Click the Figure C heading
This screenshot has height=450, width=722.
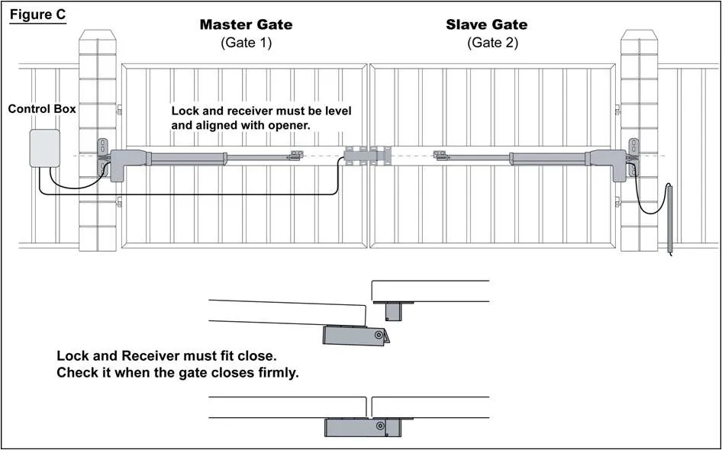tap(37, 15)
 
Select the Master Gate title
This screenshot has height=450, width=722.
tap(246, 24)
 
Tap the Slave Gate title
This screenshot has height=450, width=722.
tap(486, 24)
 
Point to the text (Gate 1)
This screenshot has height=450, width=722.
tap(246, 43)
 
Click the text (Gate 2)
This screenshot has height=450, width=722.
tap(492, 43)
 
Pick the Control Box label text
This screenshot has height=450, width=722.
tap(42, 109)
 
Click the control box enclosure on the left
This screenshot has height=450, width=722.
tap(44, 148)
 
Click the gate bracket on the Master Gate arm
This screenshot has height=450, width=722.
tap(295, 156)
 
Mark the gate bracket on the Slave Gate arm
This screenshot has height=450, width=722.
tap(440, 156)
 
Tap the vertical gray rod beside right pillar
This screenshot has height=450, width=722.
tap(669, 218)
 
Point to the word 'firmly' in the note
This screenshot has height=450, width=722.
tap(273, 373)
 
